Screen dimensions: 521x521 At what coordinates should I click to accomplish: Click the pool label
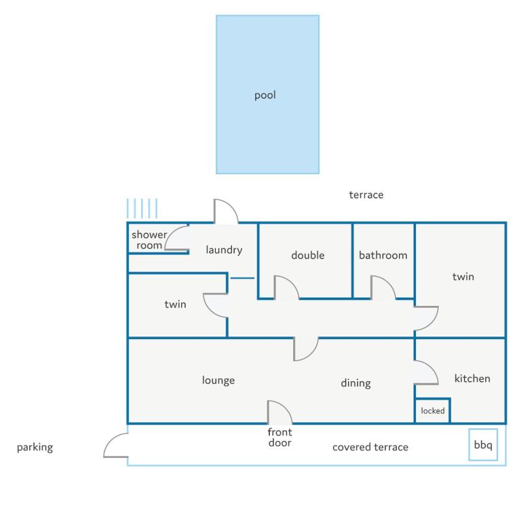pyautogui.click(x=265, y=96)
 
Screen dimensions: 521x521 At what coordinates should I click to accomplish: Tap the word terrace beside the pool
pyautogui.click(x=366, y=195)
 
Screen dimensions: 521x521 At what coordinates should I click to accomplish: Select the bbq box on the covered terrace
pyautogui.click(x=483, y=444)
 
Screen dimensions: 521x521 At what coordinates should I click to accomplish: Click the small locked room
pyautogui.click(x=433, y=410)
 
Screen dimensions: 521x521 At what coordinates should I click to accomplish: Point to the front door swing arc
pyautogui.click(x=286, y=407)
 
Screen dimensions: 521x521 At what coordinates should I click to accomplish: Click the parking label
pyautogui.click(x=35, y=447)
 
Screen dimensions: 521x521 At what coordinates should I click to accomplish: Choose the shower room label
pyautogui.click(x=149, y=240)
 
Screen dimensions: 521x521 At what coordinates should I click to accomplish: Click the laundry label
pyautogui.click(x=224, y=250)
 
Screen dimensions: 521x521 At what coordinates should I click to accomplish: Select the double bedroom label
pyautogui.click(x=308, y=255)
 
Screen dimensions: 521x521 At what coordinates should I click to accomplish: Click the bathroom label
pyautogui.click(x=383, y=255)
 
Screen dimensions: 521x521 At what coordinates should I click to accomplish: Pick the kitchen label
pyautogui.click(x=472, y=379)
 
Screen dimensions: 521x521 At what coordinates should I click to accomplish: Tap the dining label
pyautogui.click(x=355, y=383)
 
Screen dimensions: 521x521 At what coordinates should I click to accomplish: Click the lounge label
pyautogui.click(x=218, y=380)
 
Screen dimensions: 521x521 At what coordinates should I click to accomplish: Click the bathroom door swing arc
pyautogui.click(x=389, y=282)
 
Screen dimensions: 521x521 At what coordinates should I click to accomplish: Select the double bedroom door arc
pyautogui.click(x=292, y=282)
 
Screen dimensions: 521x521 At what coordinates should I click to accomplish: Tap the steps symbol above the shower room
pyautogui.click(x=142, y=208)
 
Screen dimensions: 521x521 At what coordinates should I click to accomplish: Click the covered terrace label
pyautogui.click(x=370, y=447)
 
